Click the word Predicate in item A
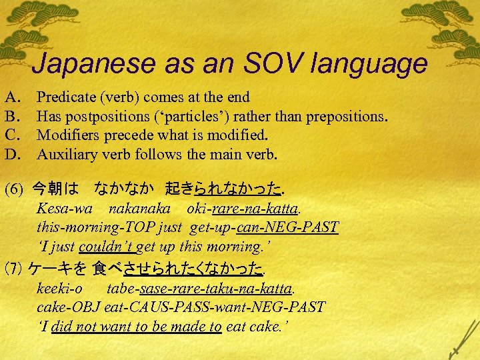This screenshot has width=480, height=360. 67,97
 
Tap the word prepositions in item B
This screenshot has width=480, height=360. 341,117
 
